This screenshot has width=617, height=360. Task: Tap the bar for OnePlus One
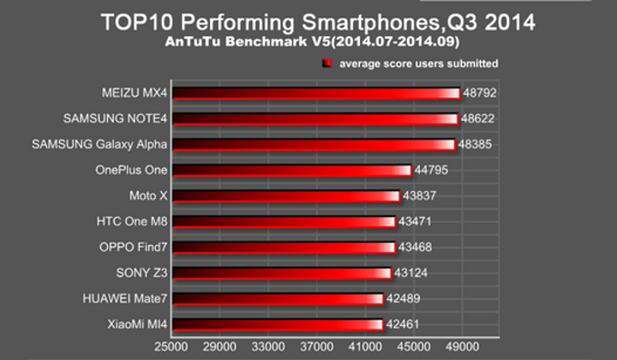pos(291,170)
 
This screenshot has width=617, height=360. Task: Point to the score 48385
pos(476,144)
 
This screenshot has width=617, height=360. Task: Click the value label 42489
pos(403,299)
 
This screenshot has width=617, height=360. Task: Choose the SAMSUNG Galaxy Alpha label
pos(99,144)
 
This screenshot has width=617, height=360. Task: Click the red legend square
pos(327,63)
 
